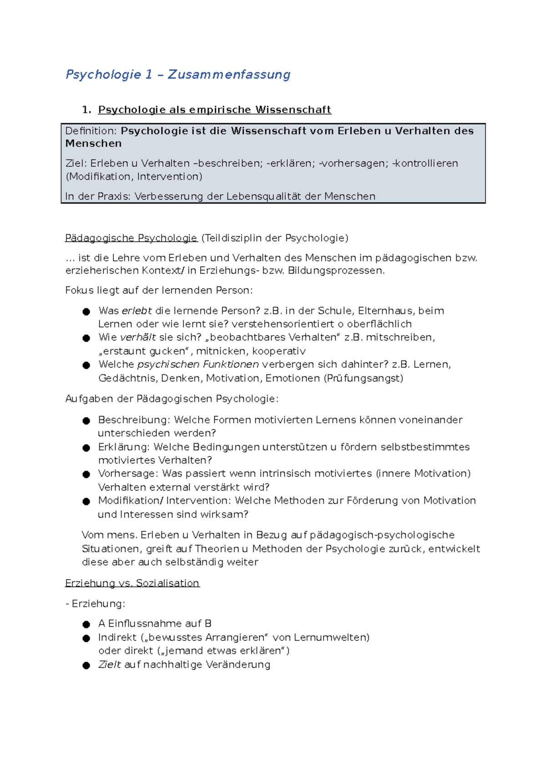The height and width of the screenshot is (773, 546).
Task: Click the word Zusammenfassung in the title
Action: coord(229,74)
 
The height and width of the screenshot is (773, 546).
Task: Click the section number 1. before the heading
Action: coord(86,110)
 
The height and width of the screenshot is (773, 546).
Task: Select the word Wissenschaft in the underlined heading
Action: coord(293,110)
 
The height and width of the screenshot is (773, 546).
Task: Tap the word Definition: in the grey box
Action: coord(91,131)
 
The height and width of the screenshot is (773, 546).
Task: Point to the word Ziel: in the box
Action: coord(76,163)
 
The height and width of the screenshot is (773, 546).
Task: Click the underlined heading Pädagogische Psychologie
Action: coord(131,238)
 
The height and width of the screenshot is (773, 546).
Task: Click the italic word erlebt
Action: coord(136,311)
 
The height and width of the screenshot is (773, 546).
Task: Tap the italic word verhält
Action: coord(137,337)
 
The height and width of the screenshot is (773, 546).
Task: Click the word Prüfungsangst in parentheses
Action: coord(363,378)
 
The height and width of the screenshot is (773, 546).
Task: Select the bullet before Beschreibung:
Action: coord(86,421)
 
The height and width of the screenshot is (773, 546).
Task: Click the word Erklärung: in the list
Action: coord(124,447)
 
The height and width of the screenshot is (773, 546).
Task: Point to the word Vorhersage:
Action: coord(128,473)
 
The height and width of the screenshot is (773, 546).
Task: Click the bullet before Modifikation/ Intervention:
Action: coord(86,502)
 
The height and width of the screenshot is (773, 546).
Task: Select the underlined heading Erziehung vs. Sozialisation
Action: coord(132,583)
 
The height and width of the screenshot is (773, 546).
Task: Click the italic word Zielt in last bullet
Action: coord(109,665)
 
